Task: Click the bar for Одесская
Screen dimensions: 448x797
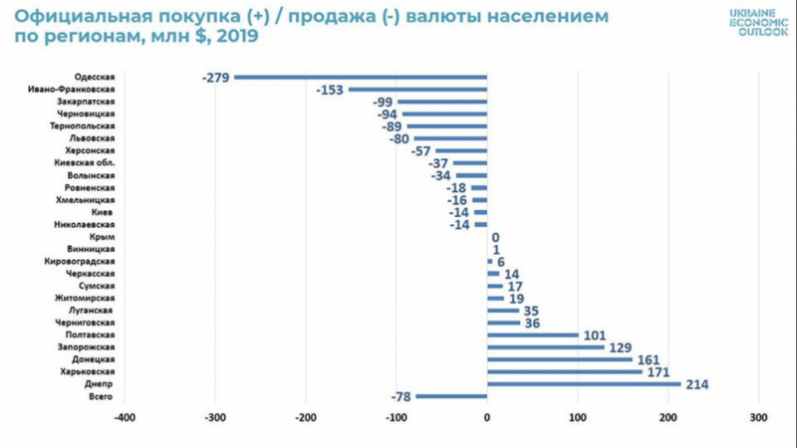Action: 361,77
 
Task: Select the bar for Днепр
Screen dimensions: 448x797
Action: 584,383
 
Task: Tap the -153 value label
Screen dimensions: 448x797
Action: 330,90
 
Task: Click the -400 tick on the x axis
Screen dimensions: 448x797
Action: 125,419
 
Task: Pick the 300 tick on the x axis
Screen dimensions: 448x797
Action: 759,419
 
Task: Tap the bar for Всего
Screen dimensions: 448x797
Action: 451,396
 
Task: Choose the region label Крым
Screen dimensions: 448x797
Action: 103,237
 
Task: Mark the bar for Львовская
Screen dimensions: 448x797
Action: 450,138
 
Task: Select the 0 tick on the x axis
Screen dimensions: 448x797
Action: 487,419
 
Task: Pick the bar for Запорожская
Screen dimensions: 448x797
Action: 546,346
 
